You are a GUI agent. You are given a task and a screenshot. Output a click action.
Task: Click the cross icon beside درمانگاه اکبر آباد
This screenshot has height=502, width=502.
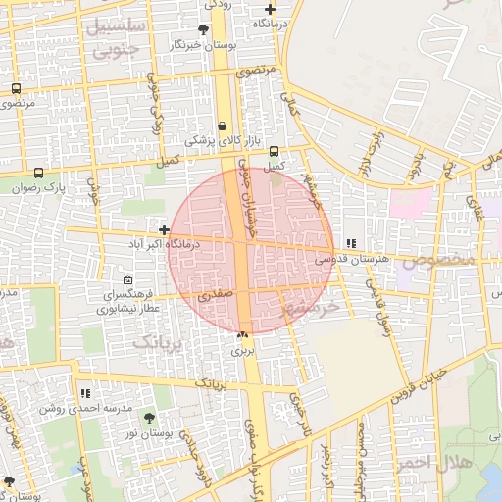(x=164, y=229)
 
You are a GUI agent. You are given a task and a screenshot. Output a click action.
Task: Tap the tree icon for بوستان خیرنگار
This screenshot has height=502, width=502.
(x=203, y=30)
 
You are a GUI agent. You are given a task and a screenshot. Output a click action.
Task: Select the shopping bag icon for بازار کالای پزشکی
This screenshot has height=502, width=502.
(x=223, y=126)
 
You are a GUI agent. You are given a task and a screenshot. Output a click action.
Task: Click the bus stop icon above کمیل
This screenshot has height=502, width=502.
(x=274, y=151)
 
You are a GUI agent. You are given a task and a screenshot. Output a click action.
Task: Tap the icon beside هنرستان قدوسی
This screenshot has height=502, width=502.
(x=351, y=243)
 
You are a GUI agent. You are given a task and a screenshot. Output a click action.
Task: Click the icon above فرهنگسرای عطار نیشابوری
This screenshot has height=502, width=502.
(x=128, y=280)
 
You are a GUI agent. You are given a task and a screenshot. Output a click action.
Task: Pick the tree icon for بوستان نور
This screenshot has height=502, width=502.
(x=149, y=418)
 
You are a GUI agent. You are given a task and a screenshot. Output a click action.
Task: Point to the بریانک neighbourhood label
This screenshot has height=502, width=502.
(x=158, y=341)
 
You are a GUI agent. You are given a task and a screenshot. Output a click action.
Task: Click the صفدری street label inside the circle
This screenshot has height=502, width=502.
(x=216, y=293)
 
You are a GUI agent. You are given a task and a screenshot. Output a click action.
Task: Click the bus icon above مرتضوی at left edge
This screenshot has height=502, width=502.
(x=16, y=88)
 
